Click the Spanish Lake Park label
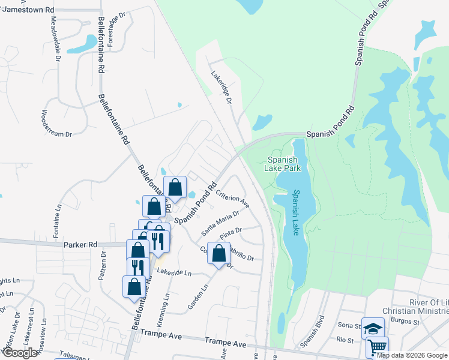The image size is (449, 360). [x=283, y=164]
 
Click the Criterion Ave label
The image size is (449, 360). [x=232, y=199]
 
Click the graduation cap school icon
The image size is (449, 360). [x=373, y=328]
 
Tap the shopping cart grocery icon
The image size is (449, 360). [x=377, y=347]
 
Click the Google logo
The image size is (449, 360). [x=20, y=353]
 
